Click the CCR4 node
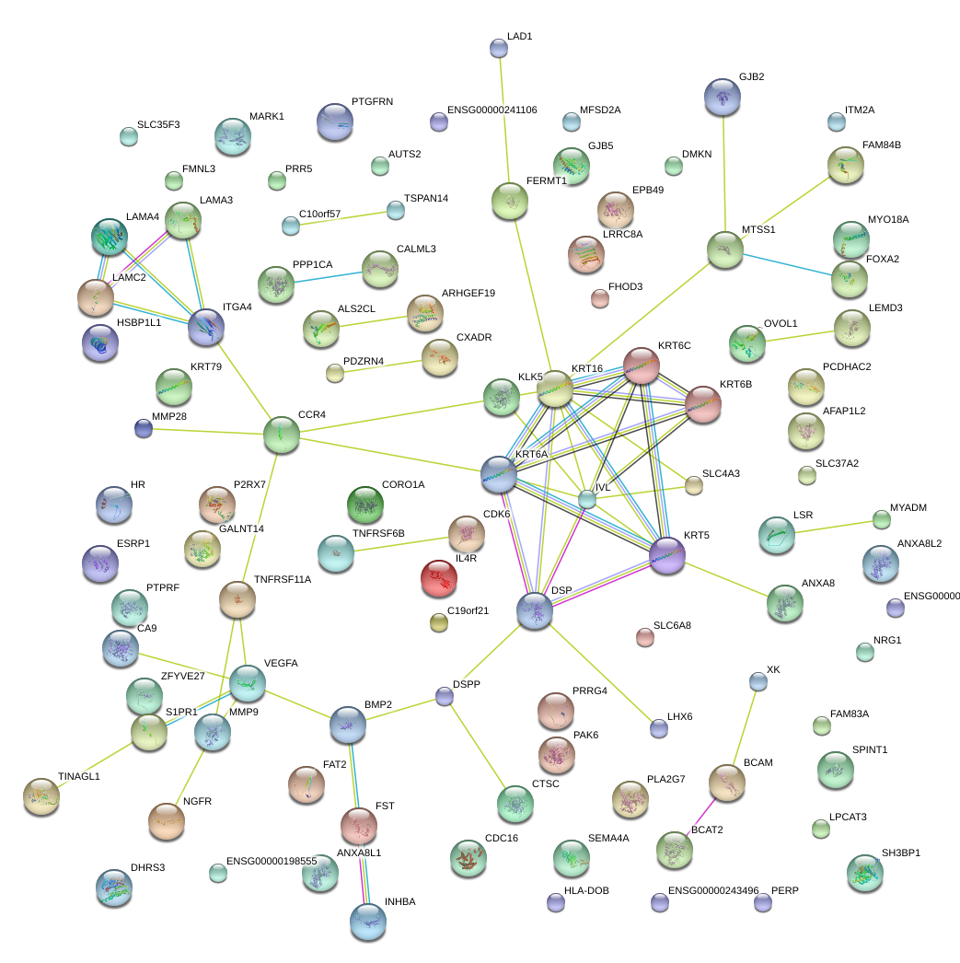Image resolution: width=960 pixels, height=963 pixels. (282, 435)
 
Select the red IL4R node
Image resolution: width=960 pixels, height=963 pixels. (438, 578)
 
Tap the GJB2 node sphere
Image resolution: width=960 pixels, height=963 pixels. (723, 97)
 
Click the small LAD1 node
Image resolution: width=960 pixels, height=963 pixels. (498, 47)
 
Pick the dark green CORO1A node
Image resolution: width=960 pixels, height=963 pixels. (365, 503)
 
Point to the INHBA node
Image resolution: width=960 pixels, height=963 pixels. (368, 921)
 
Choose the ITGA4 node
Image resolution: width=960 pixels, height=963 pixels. (206, 327)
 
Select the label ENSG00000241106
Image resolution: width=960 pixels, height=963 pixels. (492, 110)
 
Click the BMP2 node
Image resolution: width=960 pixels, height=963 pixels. (348, 725)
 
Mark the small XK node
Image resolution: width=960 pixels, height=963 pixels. (758, 681)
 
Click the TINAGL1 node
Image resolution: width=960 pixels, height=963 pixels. (41, 795)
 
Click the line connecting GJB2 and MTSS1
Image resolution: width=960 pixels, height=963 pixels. (723, 175)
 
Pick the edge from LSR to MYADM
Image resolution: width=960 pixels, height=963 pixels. (832, 526)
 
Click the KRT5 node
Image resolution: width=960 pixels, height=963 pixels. (667, 556)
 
